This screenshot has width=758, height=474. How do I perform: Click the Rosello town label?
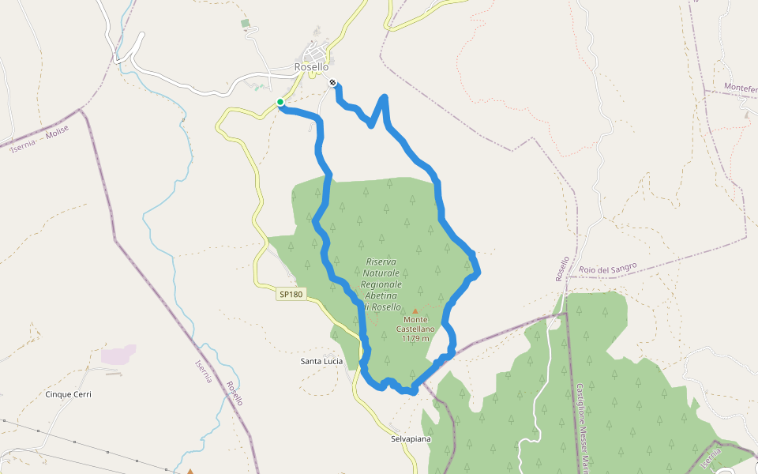tap(311, 67)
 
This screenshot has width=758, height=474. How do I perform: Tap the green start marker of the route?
tap(280, 102)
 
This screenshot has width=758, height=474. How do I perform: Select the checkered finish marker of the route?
tap(333, 82)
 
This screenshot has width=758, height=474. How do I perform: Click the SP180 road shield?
tap(289, 295)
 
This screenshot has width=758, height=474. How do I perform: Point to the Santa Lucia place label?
tap(321, 362)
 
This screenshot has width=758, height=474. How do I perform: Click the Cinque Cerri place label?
tap(69, 394)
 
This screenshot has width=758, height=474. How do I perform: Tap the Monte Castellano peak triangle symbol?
tap(415, 311)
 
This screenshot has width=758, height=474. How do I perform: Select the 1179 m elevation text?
tap(415, 338)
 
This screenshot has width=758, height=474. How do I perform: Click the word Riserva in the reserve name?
tap(381, 261)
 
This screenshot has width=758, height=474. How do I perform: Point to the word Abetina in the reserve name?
tap(381, 295)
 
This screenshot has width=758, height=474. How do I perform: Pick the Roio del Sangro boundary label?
tap(607, 269)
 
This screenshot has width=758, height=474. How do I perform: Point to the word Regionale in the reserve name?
tap(381, 284)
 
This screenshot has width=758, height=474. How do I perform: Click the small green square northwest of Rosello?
tap(245, 24)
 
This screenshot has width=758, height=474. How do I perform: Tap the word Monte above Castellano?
tap(415, 319)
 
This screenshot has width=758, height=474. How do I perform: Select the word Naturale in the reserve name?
tap(381, 273)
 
